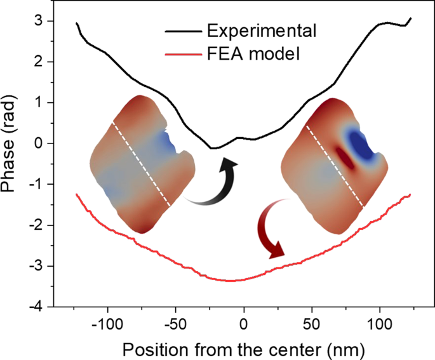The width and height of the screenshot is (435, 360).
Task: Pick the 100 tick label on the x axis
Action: [x=380, y=322]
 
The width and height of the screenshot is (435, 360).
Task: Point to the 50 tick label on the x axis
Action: [x=312, y=322]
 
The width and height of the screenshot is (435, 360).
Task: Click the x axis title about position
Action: [x=244, y=349]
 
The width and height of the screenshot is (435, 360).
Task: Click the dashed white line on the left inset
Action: [x=141, y=164]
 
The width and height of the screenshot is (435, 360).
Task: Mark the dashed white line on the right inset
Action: [x=335, y=165]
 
